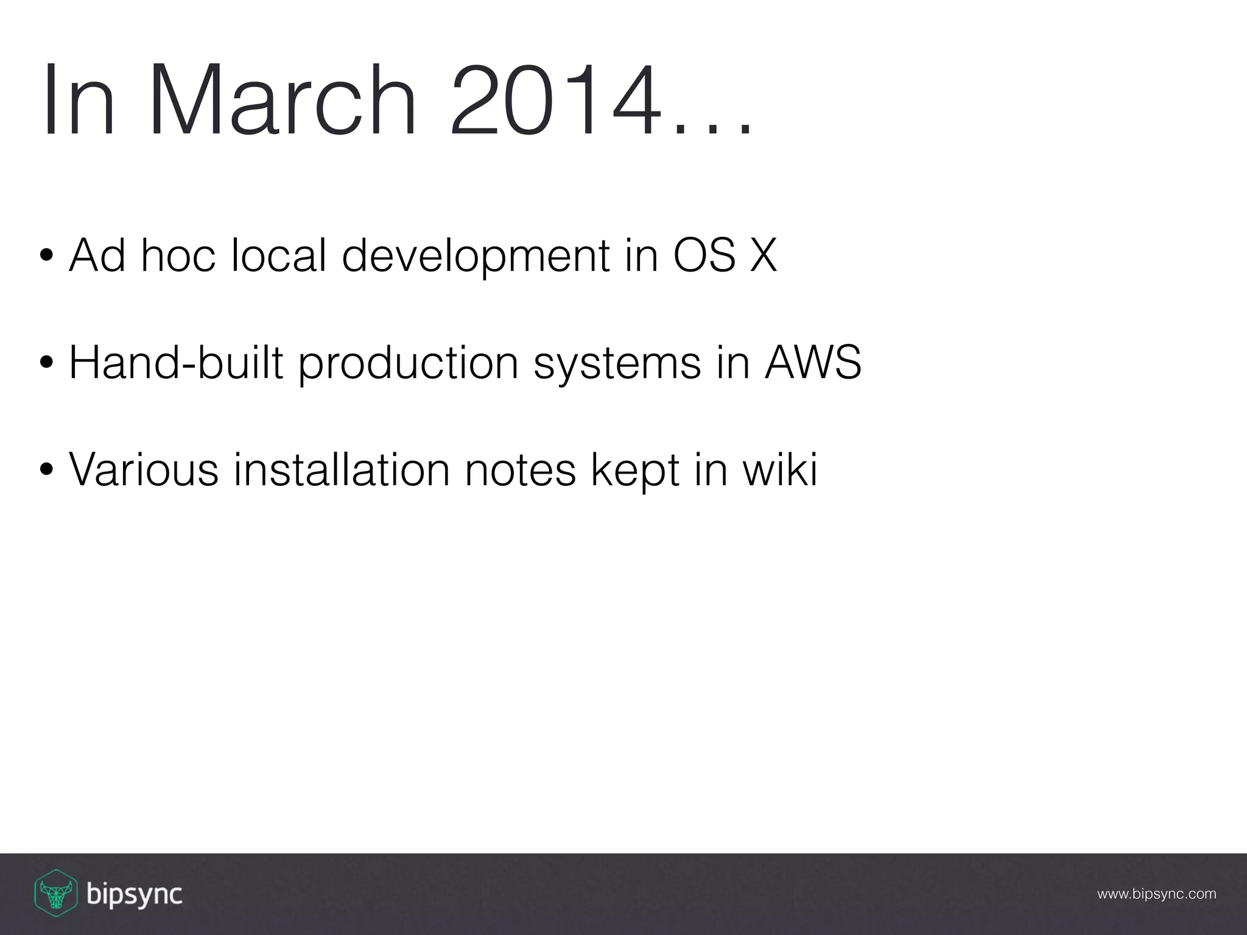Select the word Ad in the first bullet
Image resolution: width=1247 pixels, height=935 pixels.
coord(97,256)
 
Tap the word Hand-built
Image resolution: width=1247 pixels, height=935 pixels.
coord(176,363)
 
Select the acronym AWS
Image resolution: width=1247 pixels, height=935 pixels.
coord(812,363)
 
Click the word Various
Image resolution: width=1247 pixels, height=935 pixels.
coord(144,470)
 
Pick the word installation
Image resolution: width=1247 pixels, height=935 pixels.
coord(342,470)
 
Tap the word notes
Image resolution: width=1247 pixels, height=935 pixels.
coord(520,470)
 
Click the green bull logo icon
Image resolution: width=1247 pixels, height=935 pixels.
coord(55,893)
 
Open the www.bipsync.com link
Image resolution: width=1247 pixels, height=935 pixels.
coord(1156,894)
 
